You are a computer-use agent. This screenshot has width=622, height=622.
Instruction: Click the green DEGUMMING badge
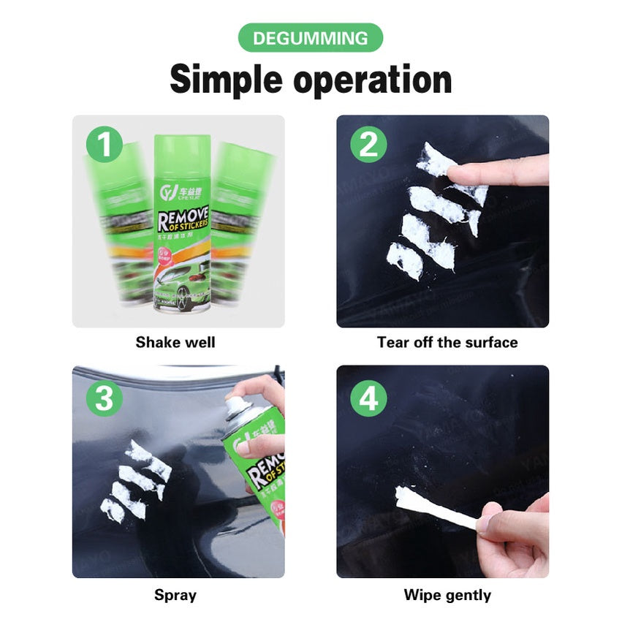click(311, 38)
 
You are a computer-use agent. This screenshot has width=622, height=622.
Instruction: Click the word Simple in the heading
click(226, 80)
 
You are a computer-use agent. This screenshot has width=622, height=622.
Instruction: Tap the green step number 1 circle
click(105, 145)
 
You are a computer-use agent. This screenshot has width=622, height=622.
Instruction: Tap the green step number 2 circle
click(368, 145)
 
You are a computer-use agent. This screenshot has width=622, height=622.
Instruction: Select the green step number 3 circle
click(105, 398)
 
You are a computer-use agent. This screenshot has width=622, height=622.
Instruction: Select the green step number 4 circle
click(368, 398)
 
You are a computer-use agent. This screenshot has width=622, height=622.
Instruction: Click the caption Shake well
click(175, 342)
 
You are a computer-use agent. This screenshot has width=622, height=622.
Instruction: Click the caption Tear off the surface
click(447, 342)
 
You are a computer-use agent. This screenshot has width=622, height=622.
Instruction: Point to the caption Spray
click(175, 595)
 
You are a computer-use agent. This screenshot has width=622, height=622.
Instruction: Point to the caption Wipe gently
click(447, 595)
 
